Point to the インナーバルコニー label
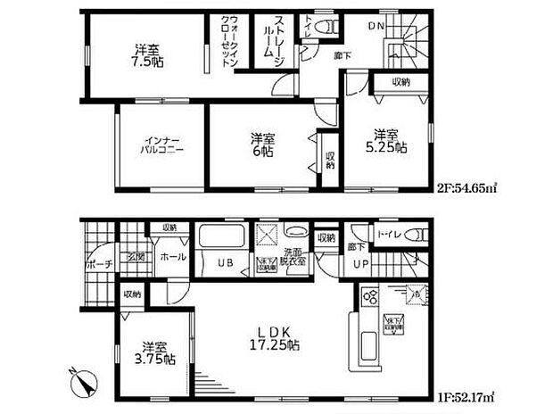(161, 145)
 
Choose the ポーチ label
(100, 265)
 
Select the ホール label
(173, 257)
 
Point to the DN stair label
(375, 28)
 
